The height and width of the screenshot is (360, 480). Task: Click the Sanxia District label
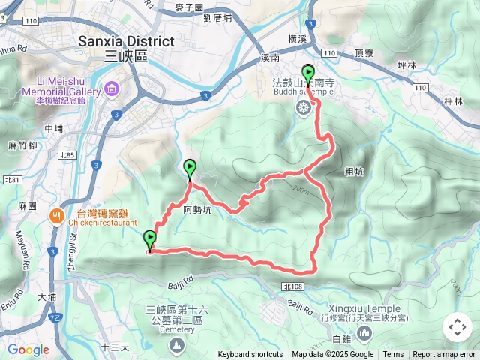point(126,42)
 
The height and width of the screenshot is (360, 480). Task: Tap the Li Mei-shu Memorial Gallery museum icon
point(112,90)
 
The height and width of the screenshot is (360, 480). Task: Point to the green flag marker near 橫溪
point(308,73)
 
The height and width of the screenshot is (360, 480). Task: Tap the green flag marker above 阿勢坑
point(190,169)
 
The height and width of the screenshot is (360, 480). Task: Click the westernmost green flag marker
point(150,240)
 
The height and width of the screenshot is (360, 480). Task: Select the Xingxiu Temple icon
point(364,331)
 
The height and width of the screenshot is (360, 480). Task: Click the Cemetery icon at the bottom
point(175,343)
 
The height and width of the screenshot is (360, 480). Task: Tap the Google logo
point(28,349)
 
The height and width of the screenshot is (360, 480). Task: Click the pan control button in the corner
point(457,327)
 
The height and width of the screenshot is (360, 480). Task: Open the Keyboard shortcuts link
point(250,355)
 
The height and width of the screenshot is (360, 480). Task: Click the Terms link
point(393,355)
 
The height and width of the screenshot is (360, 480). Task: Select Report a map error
point(445,355)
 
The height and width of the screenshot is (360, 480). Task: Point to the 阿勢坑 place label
point(198,211)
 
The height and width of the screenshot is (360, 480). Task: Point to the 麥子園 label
point(189,7)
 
